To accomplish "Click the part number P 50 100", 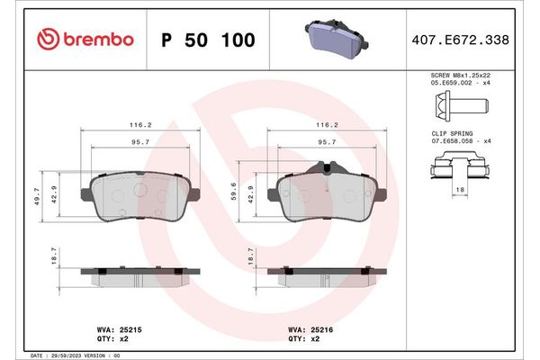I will (208, 40).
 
